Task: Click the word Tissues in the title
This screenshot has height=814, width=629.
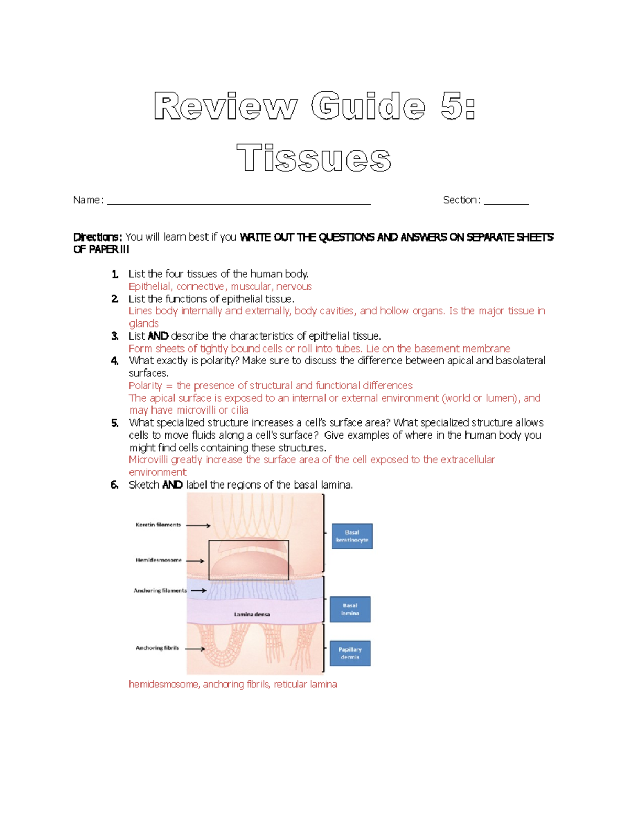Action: (x=313, y=158)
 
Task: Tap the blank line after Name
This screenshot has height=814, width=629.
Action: (x=238, y=203)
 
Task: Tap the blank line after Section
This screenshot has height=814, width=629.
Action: (x=506, y=203)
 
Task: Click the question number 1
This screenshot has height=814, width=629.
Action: (x=115, y=274)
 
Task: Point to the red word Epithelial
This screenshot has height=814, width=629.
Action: (x=150, y=287)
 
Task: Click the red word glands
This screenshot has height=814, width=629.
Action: (x=144, y=323)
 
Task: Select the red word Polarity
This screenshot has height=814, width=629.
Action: (x=145, y=386)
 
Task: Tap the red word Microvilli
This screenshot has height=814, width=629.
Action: (x=148, y=460)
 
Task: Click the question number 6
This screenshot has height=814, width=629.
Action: (x=115, y=485)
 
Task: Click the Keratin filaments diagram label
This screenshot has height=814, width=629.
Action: (x=158, y=525)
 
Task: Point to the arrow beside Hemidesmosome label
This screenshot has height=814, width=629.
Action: (x=195, y=561)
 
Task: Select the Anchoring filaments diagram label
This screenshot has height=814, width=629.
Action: (x=160, y=591)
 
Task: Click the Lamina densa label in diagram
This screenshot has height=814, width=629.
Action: (x=252, y=614)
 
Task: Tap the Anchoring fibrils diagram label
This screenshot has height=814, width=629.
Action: (x=157, y=648)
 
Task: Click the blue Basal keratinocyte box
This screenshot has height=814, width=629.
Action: (x=352, y=536)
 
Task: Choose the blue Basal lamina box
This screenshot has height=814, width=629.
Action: (x=350, y=609)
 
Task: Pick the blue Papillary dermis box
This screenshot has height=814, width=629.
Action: (x=350, y=653)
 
